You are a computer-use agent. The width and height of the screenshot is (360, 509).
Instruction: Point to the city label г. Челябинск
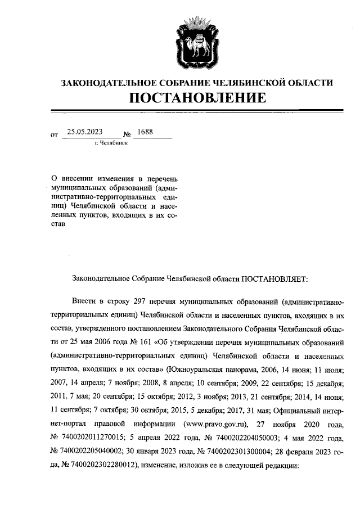pos(111,143)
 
